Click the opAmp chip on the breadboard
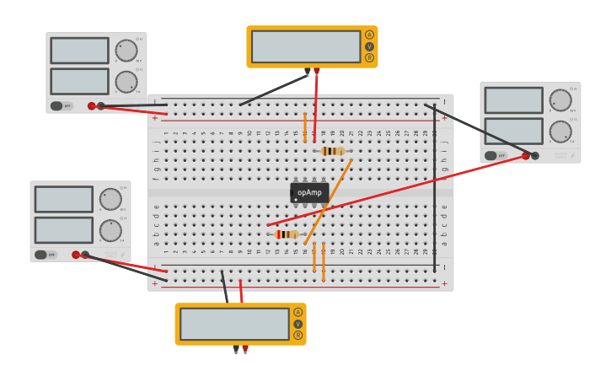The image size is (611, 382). pos(309,193)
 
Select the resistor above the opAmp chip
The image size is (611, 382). pos(334,151)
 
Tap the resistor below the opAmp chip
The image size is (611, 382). pos(287,234)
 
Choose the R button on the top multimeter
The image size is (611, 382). pos(369,57)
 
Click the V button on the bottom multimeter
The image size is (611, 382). pos(297,324)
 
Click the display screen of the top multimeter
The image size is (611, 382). pos(305,46)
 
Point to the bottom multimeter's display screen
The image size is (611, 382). pos(234,324)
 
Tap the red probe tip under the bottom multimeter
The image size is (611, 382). pos(245,349)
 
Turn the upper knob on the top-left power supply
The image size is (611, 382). pos(126,51)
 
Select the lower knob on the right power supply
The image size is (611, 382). pos(560,132)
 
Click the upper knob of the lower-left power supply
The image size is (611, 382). pos(110,200)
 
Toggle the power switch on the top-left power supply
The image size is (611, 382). pos(57,106)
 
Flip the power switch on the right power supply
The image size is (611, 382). pos(491,155)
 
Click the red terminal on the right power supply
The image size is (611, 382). pos(526,155)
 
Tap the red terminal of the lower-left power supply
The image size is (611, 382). pos(76,255)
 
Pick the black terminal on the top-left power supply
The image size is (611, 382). pos(101,106)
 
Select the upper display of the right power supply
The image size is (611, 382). pos(513,100)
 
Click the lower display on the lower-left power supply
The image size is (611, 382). pos(63,230)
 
